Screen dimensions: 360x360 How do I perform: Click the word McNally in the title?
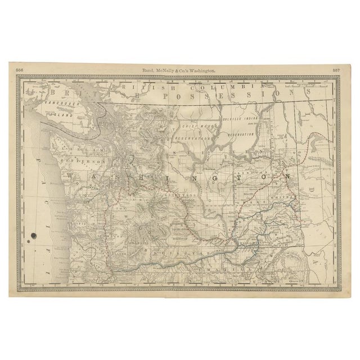tap(164, 70)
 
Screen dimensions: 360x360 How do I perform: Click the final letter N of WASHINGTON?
tap(287, 176)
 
